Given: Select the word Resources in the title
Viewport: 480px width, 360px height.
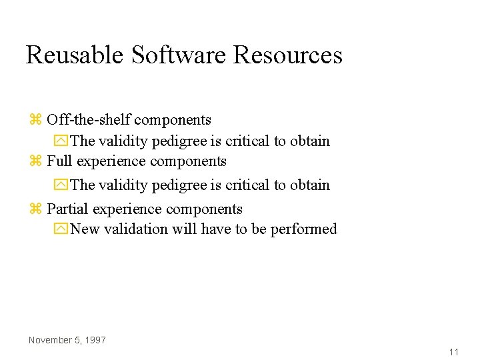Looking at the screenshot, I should pos(288,55).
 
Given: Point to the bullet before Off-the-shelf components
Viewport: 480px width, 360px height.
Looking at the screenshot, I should pos(35,121).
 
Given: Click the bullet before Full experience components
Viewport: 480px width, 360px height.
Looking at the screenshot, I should pos(35,162).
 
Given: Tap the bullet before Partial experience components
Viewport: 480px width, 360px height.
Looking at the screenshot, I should pos(35,210).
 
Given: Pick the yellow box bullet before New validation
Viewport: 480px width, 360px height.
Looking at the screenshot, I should pos(61,229).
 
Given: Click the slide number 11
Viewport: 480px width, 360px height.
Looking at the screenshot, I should pos(453,352).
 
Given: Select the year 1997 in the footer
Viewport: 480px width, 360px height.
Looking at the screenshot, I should pos(96,340).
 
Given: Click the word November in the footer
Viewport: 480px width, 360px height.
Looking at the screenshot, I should pos(51,340).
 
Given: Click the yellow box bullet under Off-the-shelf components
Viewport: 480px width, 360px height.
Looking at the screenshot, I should pos(61,141).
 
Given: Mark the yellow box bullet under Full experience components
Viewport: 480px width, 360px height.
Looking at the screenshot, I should pos(61,185).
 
